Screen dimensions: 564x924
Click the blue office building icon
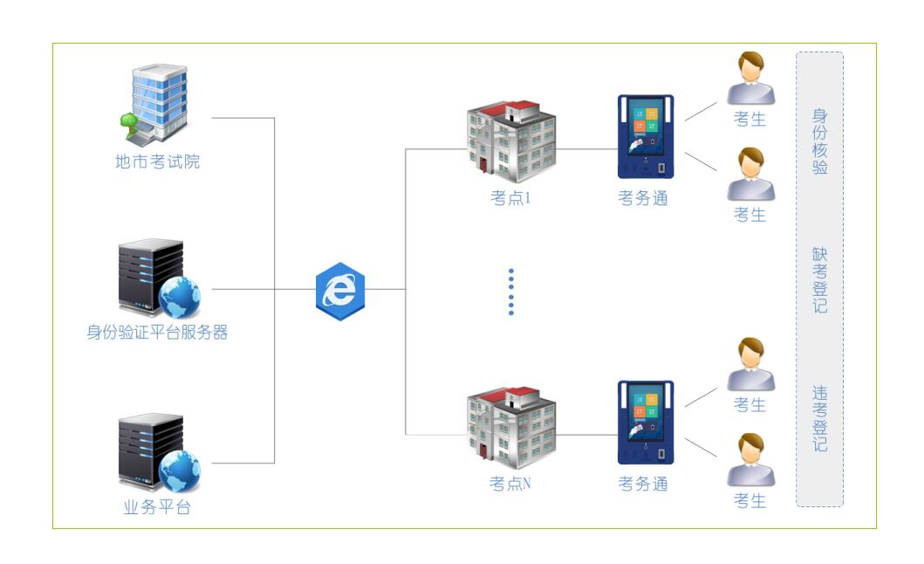155,103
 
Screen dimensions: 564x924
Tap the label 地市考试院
157,162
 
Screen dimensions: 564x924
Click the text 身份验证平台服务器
157,332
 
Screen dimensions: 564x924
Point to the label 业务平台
157,507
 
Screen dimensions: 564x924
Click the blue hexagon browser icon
340,288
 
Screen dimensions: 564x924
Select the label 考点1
511,198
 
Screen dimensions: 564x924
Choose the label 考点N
511,483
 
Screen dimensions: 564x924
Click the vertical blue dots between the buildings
511,292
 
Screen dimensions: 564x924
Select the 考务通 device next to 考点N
646,423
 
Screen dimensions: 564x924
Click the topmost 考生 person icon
750,79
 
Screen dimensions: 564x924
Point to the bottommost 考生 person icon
750,460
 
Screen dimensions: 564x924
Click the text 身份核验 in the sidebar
820,141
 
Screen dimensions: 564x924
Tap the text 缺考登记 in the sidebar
820,280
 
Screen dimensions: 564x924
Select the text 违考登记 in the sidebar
820,419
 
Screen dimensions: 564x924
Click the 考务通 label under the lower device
643,484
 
